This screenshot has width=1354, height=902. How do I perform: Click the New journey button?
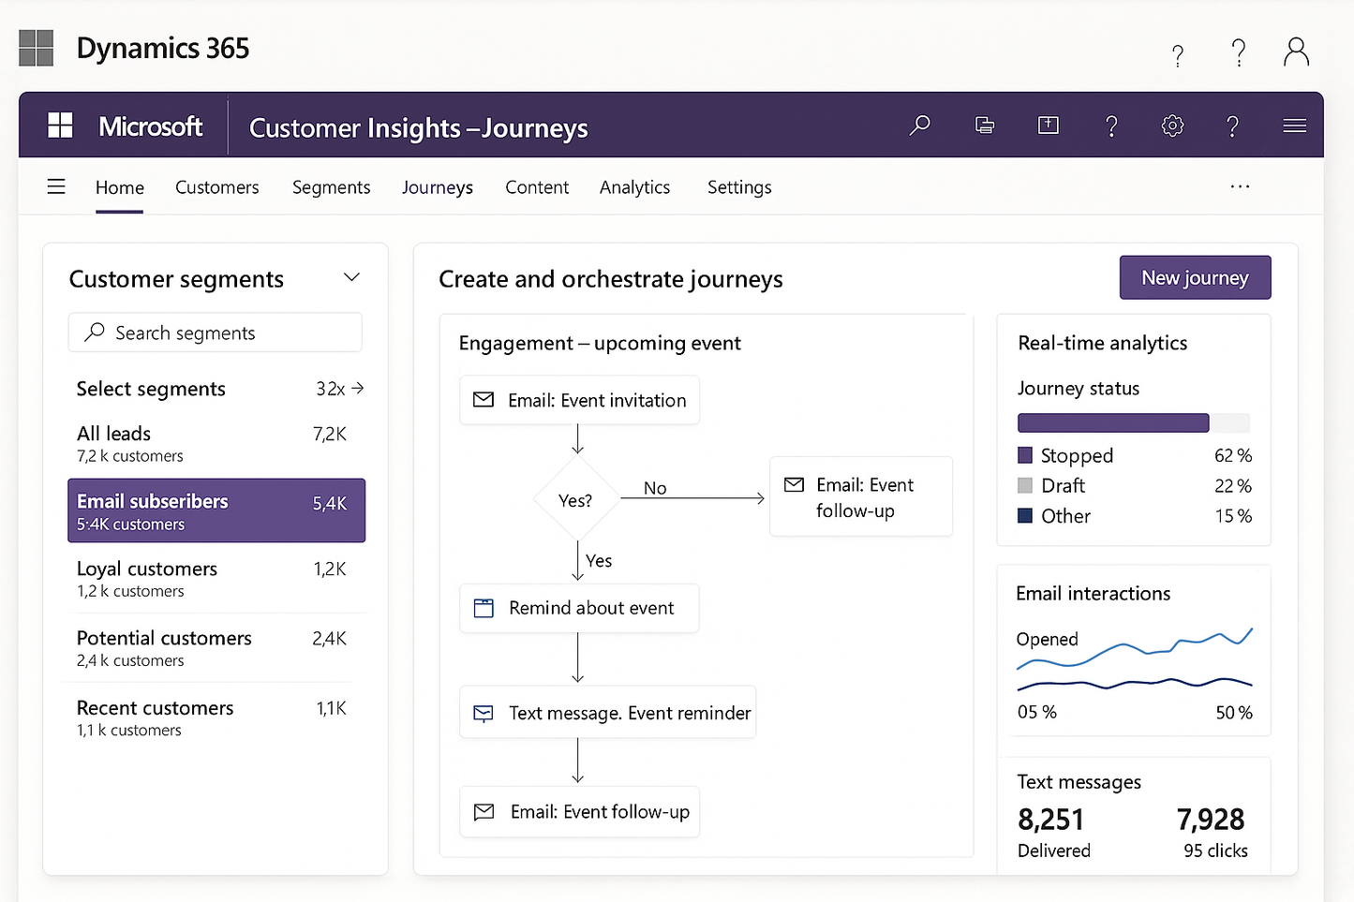pos(1195,278)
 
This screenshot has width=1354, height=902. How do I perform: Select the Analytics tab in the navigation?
pos(634,187)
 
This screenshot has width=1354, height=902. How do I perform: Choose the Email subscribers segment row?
pos(216,510)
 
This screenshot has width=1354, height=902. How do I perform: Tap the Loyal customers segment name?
pos(147,569)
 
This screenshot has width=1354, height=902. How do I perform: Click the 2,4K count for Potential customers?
pos(329,639)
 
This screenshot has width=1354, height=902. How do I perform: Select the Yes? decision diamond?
pos(576,500)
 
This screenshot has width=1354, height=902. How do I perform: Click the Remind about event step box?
pos(579,608)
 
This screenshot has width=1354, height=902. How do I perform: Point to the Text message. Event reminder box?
pos(607,713)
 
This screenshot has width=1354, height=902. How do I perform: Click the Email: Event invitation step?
pos(579,400)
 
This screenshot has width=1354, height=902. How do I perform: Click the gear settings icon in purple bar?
pos(1172,126)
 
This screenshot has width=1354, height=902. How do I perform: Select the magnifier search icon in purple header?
pos(920,125)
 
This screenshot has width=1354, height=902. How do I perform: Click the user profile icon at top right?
pos(1296,52)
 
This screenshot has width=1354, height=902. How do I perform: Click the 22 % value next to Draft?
pos(1232,486)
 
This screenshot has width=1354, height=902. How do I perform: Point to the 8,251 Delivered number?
pos(1050,820)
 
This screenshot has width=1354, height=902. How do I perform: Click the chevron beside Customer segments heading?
pos(351,277)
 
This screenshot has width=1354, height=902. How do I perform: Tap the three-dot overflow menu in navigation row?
pos(1240,186)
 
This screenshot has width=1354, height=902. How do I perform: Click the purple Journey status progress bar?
pos(1113,422)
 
